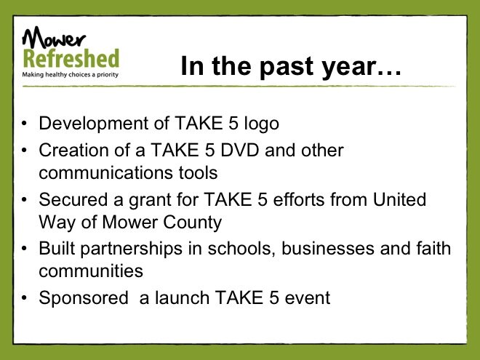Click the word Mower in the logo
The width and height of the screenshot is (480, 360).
click(54, 37)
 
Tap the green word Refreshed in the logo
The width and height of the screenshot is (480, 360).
click(71, 58)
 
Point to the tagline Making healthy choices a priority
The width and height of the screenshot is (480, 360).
click(70, 75)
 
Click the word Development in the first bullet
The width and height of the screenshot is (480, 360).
click(94, 124)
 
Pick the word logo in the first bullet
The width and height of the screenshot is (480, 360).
click(261, 124)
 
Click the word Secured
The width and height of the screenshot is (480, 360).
click(73, 199)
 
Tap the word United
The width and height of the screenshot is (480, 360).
click(399, 199)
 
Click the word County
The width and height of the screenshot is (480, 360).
click(192, 223)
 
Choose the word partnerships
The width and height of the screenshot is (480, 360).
click(132, 249)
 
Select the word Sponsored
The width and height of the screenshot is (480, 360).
click(84, 298)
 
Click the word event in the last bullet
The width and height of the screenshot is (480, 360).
click(308, 298)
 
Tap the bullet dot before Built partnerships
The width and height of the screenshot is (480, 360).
click(25, 248)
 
